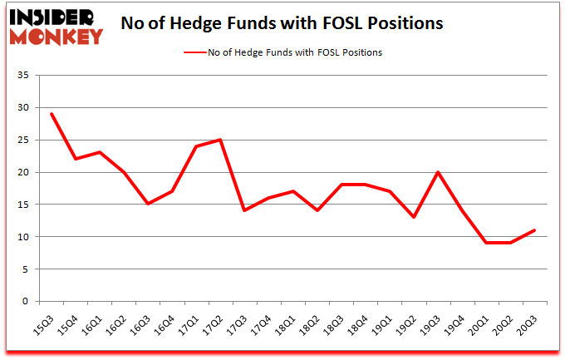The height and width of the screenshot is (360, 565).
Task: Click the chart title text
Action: (282, 23)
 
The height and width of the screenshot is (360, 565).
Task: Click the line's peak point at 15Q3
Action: (52, 114)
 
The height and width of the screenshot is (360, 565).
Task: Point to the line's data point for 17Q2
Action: (220, 140)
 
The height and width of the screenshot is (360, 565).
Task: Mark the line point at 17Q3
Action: (244, 210)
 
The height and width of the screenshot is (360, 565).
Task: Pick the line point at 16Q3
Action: (148, 204)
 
